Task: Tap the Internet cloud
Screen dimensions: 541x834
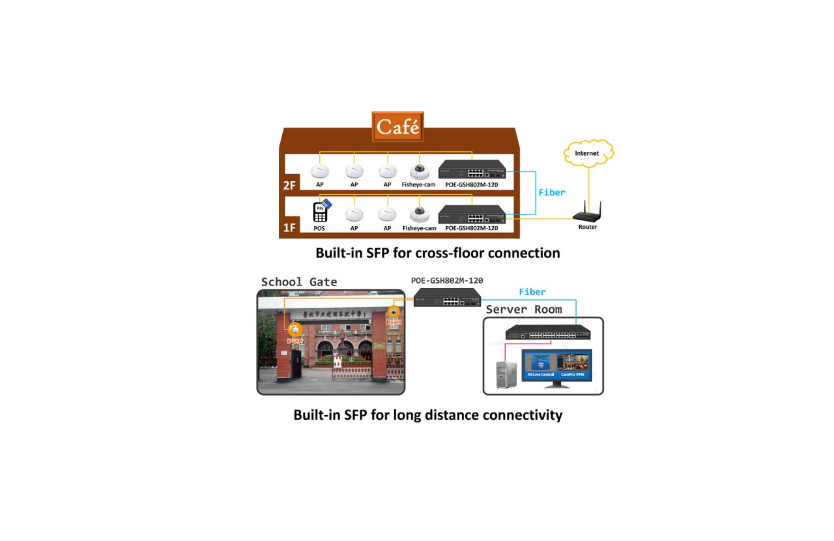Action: (587, 153)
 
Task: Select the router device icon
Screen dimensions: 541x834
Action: (587, 214)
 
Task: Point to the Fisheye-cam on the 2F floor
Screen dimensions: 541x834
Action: (418, 172)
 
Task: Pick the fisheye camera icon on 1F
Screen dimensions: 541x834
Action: (419, 214)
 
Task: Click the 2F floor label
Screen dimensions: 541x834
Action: (289, 185)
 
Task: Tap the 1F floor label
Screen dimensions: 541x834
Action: (289, 227)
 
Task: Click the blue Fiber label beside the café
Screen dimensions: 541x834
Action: (552, 192)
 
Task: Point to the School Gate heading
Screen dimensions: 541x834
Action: (299, 282)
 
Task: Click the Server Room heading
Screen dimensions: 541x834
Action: (524, 309)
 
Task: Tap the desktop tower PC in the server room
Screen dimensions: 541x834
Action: (506, 373)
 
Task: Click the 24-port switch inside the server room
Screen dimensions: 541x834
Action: (548, 332)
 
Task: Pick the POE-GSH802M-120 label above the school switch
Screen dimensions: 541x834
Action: (447, 280)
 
